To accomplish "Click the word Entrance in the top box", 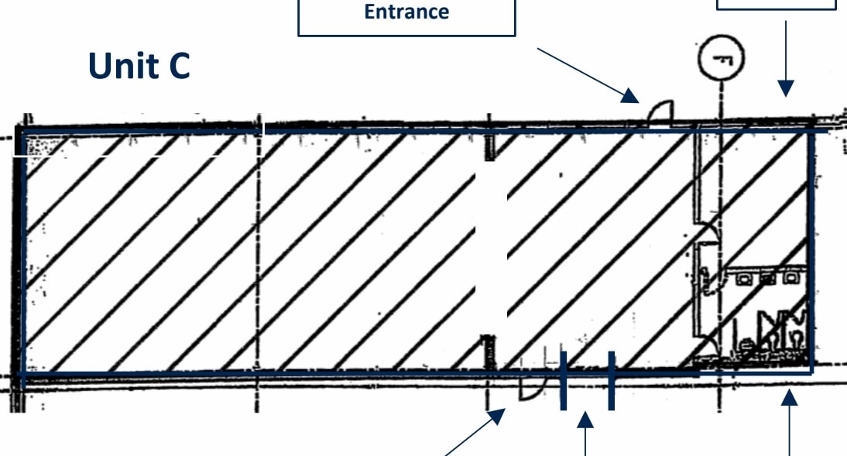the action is click(406, 12).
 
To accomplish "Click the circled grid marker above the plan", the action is click(721, 58).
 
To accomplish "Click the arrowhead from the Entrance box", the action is click(630, 96).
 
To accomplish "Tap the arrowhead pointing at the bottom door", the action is click(497, 417).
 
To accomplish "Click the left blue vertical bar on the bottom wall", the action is click(564, 380).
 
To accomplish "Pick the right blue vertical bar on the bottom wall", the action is click(612, 380).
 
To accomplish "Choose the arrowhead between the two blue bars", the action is click(585, 420).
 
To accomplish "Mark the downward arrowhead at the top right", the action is click(786, 88).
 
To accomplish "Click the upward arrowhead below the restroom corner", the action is click(789, 398).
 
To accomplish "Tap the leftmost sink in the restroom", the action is click(743, 278).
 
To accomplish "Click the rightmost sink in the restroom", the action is click(790, 278).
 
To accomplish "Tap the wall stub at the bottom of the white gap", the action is click(489, 352).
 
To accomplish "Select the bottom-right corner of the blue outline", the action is click(812, 372).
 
